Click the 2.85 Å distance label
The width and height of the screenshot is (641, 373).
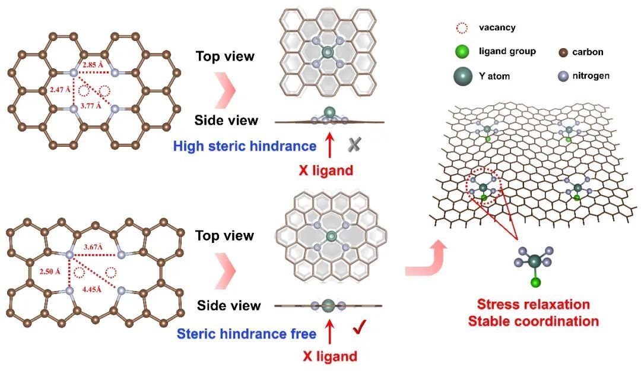[94, 64]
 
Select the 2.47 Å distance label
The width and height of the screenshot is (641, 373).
[58, 89]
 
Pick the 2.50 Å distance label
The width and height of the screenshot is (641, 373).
[50, 271]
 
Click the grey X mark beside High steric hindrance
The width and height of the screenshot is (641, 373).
[354, 144]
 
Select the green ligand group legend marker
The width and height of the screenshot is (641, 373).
[465, 52]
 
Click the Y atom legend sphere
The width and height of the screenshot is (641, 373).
[465, 76]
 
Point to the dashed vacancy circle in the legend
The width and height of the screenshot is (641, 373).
[465, 27]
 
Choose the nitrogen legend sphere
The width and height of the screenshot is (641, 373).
[563, 76]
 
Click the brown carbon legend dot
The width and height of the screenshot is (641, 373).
[563, 52]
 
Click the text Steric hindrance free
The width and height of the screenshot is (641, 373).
[246, 334]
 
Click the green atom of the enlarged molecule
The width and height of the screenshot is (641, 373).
[534, 282]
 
